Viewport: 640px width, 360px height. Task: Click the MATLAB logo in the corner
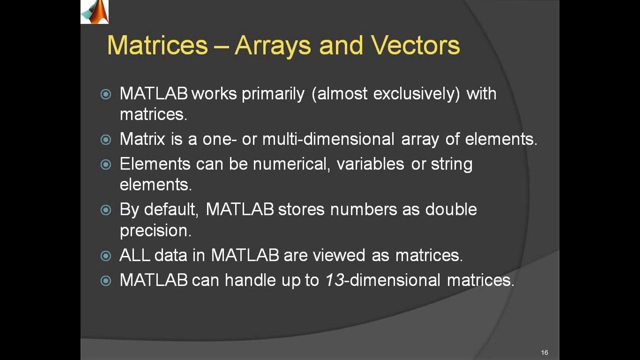pos(94,11)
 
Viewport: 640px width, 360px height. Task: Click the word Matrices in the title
pos(157,45)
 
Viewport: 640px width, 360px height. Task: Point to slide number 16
pos(544,353)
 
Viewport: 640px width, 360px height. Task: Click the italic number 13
pos(334,280)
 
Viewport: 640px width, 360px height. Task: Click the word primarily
pos(273,93)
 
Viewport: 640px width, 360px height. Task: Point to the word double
pos(451,209)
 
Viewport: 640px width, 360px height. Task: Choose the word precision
pos(155,230)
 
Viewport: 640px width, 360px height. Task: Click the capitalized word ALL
pos(134,255)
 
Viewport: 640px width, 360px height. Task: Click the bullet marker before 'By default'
pos(106,209)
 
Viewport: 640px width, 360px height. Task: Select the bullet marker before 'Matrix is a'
pos(106,139)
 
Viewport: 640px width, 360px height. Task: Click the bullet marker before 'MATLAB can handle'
pos(106,281)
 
